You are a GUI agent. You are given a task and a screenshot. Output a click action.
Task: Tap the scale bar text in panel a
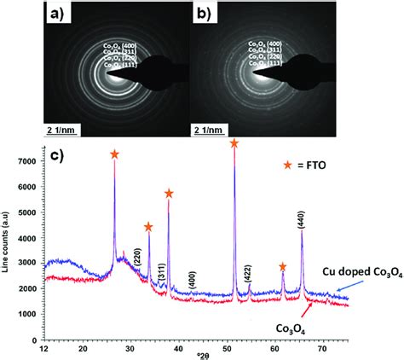click(65, 130)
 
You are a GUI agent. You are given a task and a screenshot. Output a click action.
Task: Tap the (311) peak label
click(162, 261)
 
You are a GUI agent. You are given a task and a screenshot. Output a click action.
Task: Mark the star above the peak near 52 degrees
click(234, 144)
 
